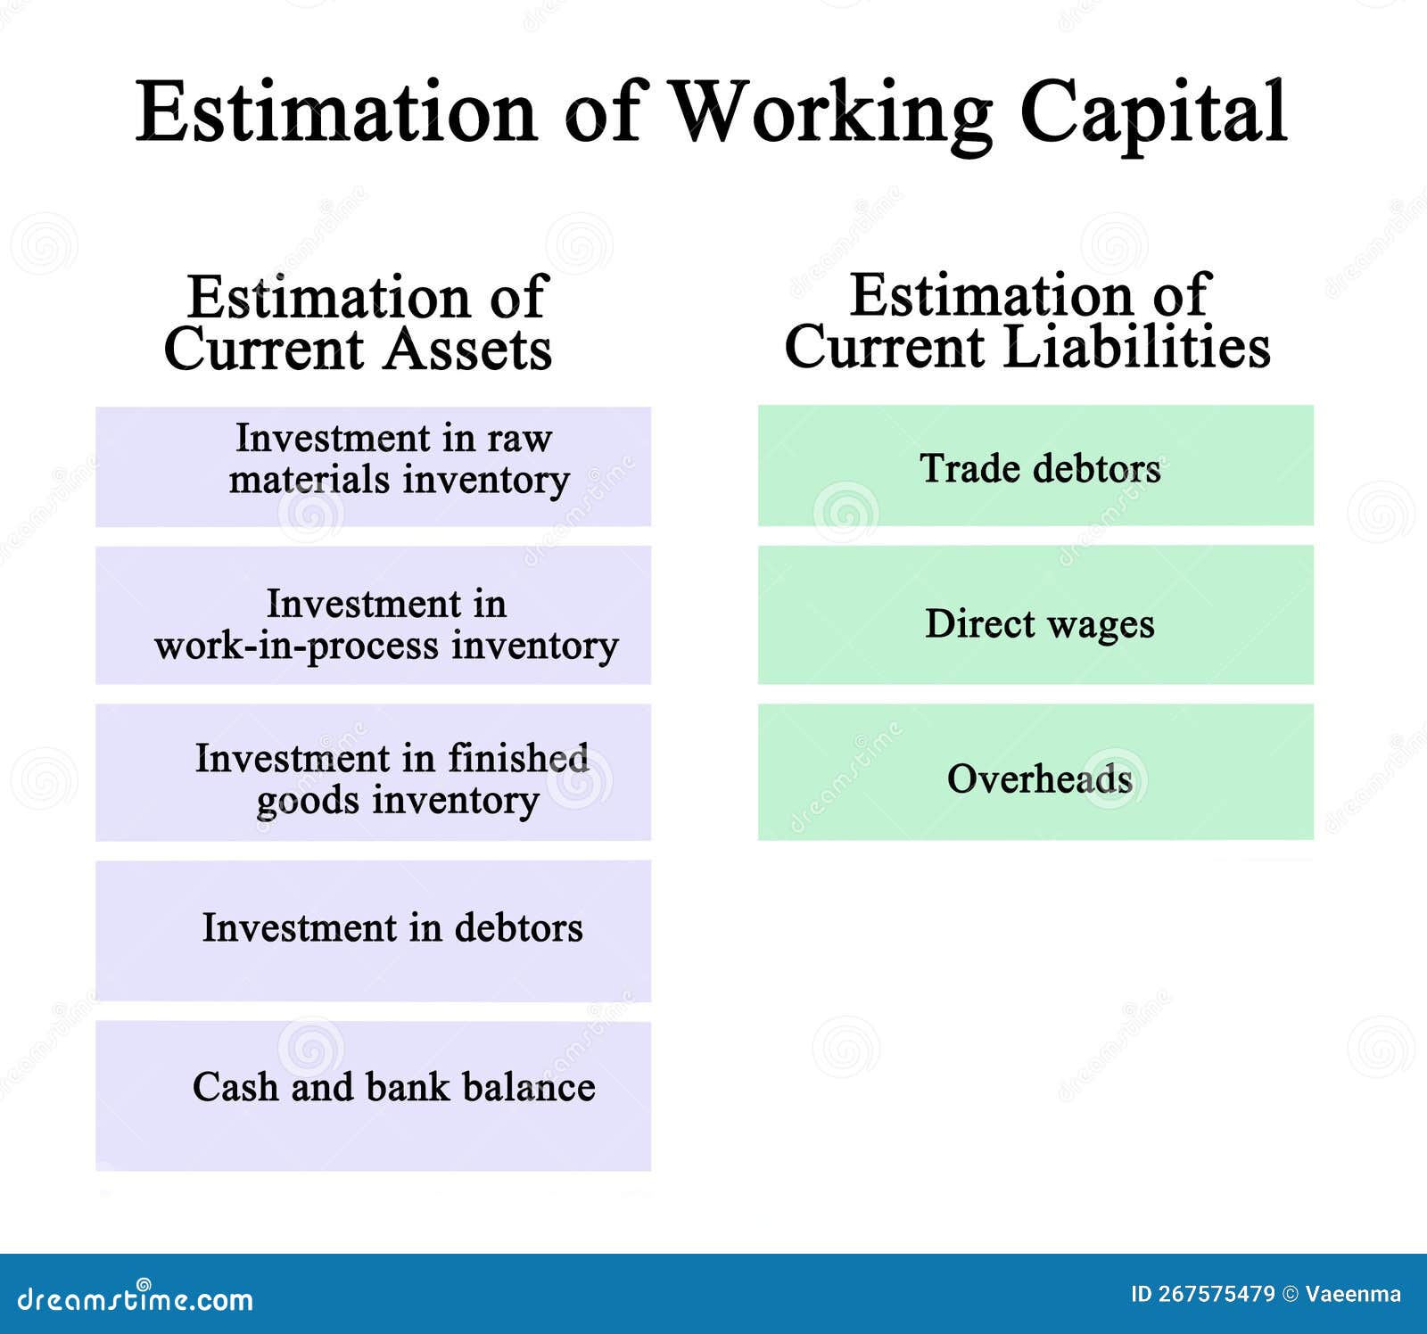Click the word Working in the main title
click(x=829, y=114)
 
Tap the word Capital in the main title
click(x=1153, y=114)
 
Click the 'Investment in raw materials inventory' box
click(x=373, y=466)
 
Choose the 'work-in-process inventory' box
click(x=373, y=615)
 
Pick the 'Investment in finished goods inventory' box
click(x=373, y=772)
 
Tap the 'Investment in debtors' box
click(x=373, y=930)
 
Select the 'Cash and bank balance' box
click(x=373, y=1096)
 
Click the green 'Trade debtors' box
click(x=1035, y=465)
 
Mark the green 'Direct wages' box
click(x=1035, y=614)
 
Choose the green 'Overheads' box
click(x=1035, y=771)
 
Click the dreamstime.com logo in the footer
click(x=136, y=1297)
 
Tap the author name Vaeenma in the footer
click(x=1353, y=1294)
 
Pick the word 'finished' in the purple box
click(x=517, y=758)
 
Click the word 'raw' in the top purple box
click(x=519, y=440)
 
